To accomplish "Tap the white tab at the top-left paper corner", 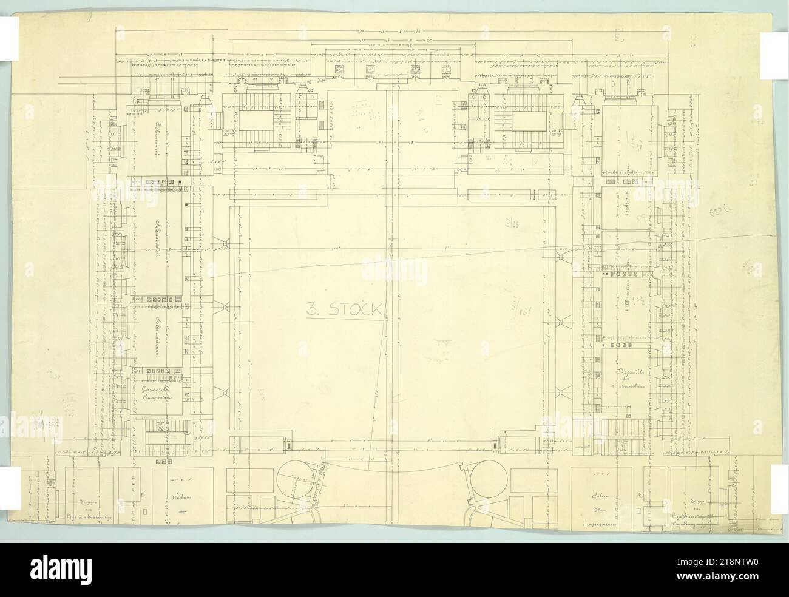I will coord(9,45).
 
